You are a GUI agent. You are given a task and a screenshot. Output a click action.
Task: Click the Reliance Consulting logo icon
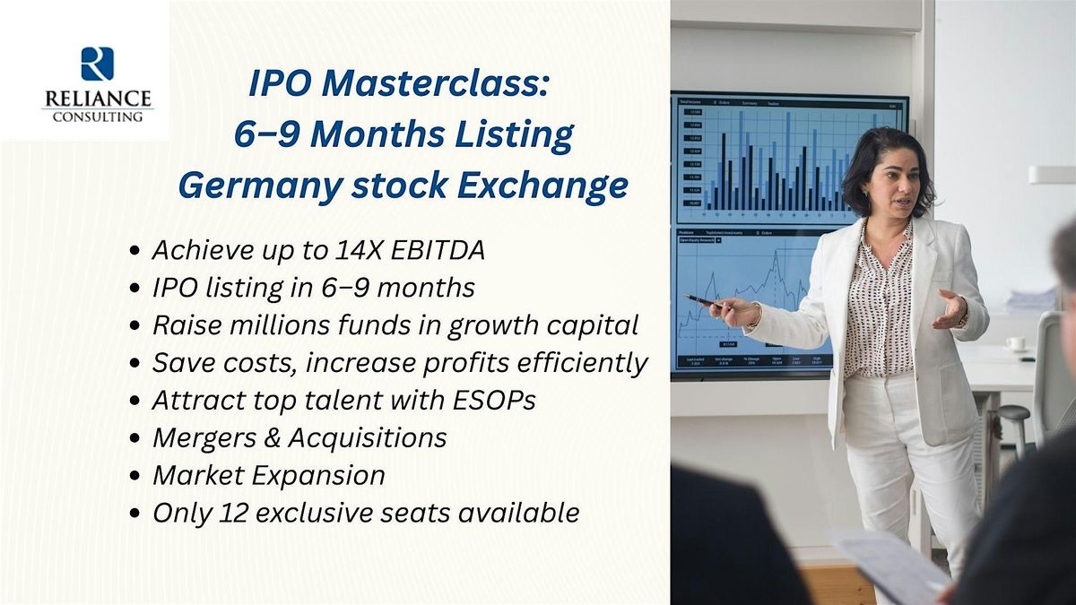97,64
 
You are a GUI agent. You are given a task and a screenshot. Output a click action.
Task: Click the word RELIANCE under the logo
97,98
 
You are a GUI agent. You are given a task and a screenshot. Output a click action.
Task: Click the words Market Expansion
268,475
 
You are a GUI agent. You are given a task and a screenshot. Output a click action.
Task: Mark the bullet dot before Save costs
134,365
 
